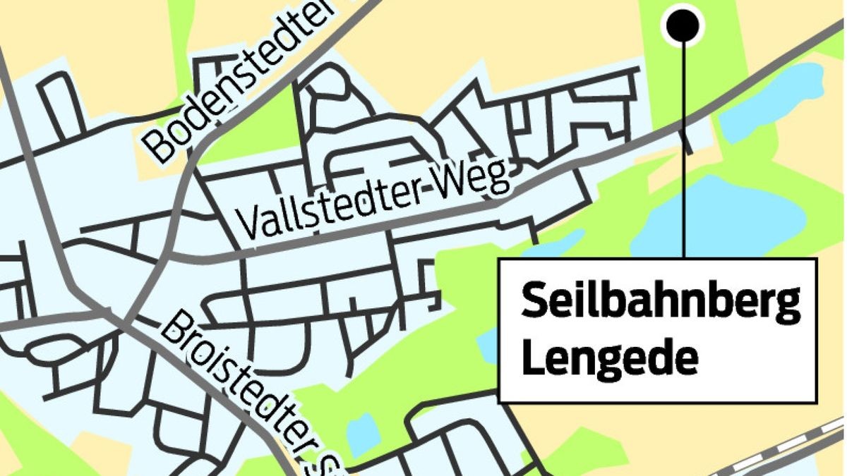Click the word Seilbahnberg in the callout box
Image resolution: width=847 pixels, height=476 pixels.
tap(661, 303)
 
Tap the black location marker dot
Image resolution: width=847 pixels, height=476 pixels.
tap(683, 25)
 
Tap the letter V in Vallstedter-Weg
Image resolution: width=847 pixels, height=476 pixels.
tap(248, 224)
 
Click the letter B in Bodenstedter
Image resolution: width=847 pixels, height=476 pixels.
tap(160, 148)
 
